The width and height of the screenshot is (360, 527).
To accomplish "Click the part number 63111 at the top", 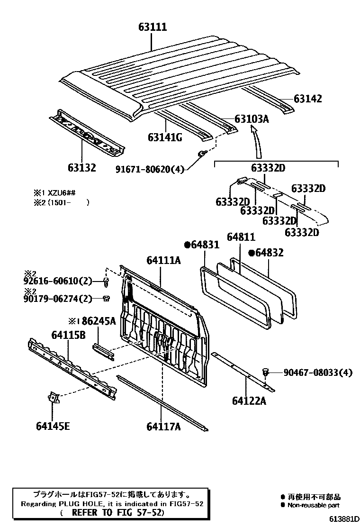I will [x=153, y=27].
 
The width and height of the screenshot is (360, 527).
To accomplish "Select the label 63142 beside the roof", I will [x=307, y=99].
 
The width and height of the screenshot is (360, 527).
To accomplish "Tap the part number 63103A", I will [x=252, y=119].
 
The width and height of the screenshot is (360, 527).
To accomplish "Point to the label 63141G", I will [x=165, y=137].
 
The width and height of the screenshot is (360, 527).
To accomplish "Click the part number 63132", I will [x=81, y=167].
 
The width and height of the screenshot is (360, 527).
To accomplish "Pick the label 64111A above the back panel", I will [x=163, y=260].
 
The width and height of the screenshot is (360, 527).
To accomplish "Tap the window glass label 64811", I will [x=241, y=236].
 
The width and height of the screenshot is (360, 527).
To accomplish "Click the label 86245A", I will [x=96, y=321].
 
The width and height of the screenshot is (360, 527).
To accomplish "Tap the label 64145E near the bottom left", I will [x=53, y=426].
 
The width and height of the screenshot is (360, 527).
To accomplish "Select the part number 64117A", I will [x=164, y=427].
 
